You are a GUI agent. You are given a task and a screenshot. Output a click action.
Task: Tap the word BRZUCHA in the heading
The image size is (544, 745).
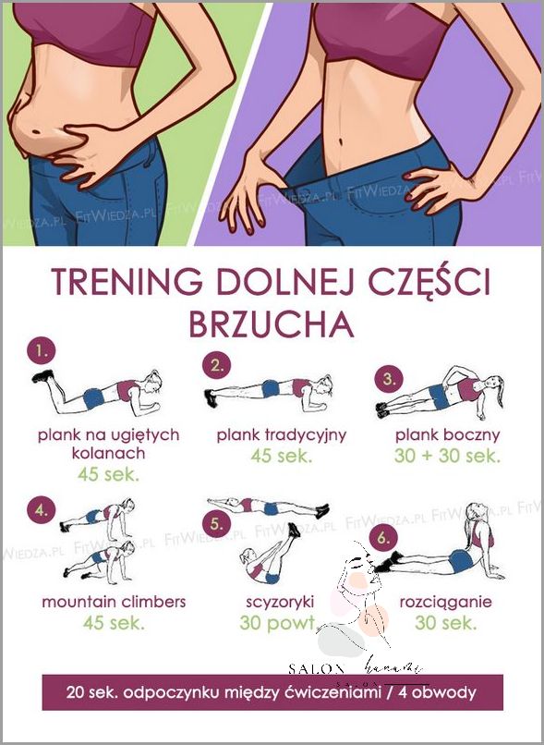click(272, 324)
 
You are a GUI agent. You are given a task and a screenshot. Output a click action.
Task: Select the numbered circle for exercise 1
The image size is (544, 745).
click(40, 352)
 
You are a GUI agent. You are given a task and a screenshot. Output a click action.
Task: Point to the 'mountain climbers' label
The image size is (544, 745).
click(114, 602)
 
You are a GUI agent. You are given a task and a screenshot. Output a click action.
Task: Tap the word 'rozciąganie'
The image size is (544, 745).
click(445, 602)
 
